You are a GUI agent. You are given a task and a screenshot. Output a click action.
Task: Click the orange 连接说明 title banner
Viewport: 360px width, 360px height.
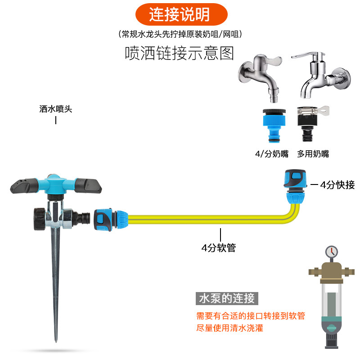(180, 15)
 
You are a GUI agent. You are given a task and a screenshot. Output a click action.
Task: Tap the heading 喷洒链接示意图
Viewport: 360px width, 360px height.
(180, 53)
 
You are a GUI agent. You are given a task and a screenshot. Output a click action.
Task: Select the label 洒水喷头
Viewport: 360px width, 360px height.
(56, 109)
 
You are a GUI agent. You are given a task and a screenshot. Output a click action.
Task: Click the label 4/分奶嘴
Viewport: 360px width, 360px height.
(272, 154)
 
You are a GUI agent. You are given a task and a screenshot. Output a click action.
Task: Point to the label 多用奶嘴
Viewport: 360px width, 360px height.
(313, 154)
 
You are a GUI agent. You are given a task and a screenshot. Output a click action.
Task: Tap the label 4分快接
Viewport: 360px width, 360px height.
(337, 184)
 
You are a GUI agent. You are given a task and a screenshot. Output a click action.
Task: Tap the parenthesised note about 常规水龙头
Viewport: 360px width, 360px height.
(180, 34)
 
